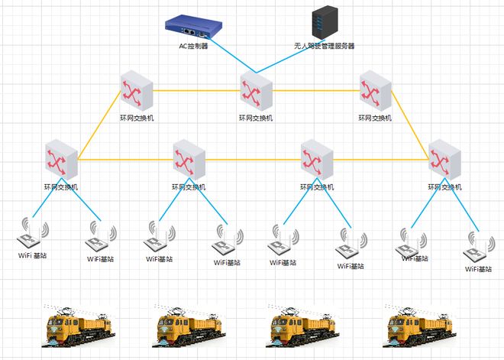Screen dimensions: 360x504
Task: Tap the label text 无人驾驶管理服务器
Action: (x=325, y=46)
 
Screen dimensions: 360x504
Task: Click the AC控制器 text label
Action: (x=193, y=47)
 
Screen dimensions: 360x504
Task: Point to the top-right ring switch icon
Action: (x=375, y=90)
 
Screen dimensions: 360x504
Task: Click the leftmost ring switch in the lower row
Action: (x=60, y=159)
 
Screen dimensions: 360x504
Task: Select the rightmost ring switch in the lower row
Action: (x=443, y=159)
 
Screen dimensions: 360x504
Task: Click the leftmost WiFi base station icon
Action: (x=32, y=234)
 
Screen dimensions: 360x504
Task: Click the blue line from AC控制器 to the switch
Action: (x=230, y=54)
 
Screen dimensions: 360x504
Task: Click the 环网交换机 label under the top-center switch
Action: (x=255, y=118)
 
